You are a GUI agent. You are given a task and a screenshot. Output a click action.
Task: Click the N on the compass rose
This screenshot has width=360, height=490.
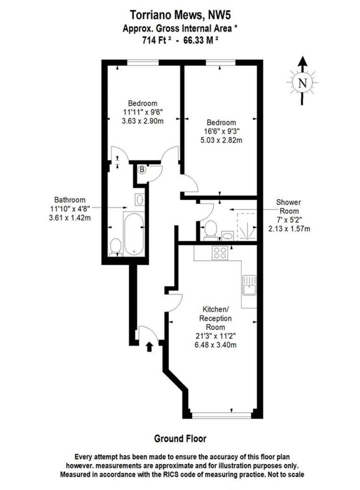[302, 83]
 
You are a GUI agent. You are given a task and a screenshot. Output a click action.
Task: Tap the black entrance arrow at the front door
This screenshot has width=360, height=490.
[149, 347]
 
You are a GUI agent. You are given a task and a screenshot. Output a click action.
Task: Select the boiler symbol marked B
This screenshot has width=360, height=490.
[142, 169]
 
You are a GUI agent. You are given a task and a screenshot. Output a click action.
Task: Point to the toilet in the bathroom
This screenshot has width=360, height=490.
[116, 247]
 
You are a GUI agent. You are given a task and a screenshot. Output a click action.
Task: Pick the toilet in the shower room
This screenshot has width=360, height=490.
[211, 231]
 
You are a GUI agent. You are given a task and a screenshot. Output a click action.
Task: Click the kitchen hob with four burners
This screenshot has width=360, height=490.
[220, 253]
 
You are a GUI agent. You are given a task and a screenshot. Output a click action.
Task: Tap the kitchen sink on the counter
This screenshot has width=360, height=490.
[249, 285]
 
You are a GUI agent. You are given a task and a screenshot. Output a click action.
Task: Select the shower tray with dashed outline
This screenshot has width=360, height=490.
[247, 227]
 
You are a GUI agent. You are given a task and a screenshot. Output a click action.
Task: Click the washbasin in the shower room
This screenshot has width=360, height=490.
[227, 236]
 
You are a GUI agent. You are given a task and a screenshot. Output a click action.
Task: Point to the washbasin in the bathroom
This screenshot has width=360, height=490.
[140, 199]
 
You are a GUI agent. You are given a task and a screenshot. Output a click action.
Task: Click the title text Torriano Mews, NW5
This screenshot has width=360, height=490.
[181, 15]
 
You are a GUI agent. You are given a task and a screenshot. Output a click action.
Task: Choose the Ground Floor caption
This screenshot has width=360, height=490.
[181, 438]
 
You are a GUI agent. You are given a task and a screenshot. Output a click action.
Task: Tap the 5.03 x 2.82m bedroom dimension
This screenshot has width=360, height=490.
[221, 140]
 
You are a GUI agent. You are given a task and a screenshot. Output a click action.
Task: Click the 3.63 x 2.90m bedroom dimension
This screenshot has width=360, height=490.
[143, 120]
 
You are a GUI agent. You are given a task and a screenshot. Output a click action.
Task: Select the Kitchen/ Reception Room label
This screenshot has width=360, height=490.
[215, 318]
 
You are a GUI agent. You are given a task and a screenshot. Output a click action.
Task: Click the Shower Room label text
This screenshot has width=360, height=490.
[289, 207]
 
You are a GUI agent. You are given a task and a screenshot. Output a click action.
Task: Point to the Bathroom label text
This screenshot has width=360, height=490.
[70, 200]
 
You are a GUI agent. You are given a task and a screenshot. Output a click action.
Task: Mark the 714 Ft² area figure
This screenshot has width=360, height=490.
[157, 41]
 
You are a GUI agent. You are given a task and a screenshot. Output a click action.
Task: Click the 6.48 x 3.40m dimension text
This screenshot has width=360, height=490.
[215, 345]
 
